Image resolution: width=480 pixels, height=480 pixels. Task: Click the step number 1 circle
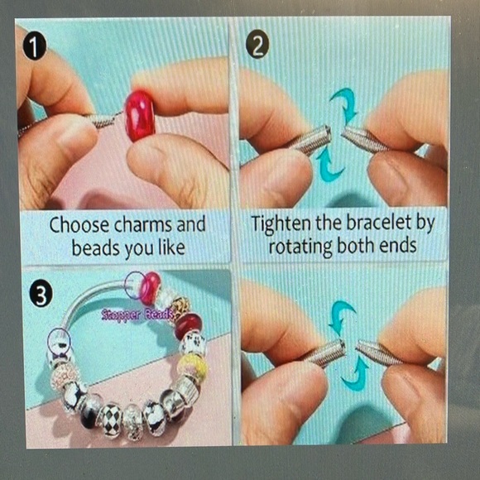coord(35,48)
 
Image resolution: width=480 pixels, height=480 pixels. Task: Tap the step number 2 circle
coord(257,46)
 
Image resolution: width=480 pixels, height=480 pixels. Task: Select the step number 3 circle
coord(41,295)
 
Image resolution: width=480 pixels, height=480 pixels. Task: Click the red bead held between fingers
coord(141,115)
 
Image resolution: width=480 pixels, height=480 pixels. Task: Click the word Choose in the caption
coord(79,225)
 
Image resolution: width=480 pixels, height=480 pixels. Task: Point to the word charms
coord(143,225)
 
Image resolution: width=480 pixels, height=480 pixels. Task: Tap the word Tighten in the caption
coord(281,223)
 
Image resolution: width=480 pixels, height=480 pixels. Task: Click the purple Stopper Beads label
coord(138,314)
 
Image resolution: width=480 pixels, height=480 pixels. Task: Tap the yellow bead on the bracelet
coord(193,366)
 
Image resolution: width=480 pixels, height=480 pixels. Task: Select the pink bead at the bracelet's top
coord(150,288)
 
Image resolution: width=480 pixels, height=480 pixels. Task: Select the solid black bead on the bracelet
coord(89,415)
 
